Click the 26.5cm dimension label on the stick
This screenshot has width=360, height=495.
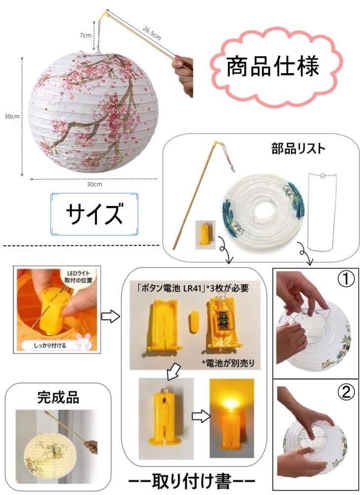click(x=152, y=33)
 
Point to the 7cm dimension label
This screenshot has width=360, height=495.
click(x=85, y=36)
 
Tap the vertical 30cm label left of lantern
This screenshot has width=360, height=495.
click(x=12, y=116)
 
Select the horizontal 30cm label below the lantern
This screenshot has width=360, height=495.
click(x=94, y=184)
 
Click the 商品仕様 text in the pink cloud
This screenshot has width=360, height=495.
click(x=273, y=66)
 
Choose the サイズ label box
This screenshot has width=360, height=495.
click(x=94, y=214)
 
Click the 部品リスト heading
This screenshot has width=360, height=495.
click(x=298, y=148)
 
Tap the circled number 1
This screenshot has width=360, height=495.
click(x=346, y=279)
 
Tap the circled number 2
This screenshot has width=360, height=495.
click(x=346, y=392)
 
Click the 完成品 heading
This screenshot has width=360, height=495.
click(x=58, y=397)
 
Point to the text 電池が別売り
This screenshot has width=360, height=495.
click(x=228, y=363)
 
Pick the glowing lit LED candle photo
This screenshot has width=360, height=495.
click(x=232, y=418)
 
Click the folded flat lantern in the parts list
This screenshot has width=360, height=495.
click(x=263, y=212)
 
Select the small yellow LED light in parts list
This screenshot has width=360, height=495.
click(x=205, y=234)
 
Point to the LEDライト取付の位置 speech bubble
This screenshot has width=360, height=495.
click(x=79, y=276)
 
